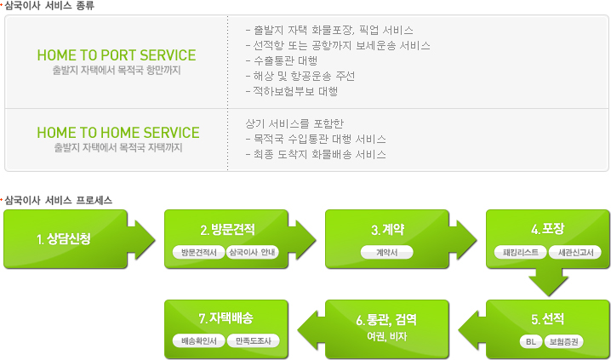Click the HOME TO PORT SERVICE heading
coord(117,55)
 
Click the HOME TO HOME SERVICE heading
coord(118,133)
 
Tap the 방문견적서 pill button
coord(199,252)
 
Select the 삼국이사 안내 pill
coord(252,252)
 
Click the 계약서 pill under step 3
coord(387,252)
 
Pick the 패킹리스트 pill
coord(521,252)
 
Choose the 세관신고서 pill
coord(574,252)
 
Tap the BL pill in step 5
coord(531,341)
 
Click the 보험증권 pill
coord(563,341)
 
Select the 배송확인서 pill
coord(199,341)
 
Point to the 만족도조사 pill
coord(253,341)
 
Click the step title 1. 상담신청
coord(64,239)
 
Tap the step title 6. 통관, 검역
coord(386,320)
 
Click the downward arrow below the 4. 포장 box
coord(548,282)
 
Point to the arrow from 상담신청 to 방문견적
coord(141,240)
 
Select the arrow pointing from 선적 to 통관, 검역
coord(472,329)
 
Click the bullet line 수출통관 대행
coord(282,60)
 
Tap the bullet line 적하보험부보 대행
coord(292,92)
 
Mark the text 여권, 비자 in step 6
coord(386,336)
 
